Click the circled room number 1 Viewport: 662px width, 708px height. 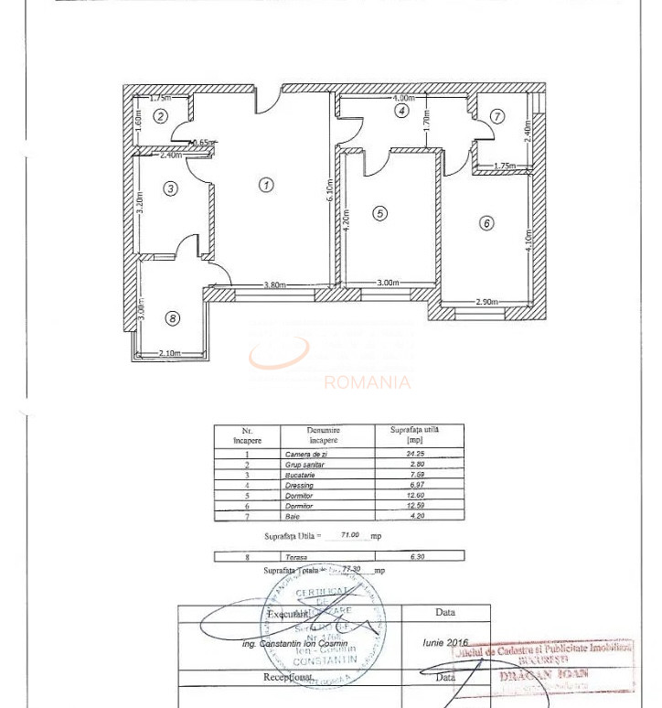pos(265,185)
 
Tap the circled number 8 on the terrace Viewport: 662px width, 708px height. pos(173,318)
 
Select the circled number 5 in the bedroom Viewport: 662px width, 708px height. pos(379,213)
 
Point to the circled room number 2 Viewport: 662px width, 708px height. pos(160,115)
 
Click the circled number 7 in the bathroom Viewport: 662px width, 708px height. pos(496,116)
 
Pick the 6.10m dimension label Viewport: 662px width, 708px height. pos(329,189)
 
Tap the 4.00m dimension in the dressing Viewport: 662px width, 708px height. pos(403,98)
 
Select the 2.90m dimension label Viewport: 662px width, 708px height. pos(487,303)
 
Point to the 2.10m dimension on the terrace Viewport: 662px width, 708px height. pos(170,353)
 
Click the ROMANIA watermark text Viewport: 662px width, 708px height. pos(368,382)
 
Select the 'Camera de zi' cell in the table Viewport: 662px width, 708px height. pos(306,455)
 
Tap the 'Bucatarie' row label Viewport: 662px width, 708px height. pos(302,476)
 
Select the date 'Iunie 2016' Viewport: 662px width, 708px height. pos(445,642)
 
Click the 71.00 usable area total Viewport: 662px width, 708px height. pos(349,535)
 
